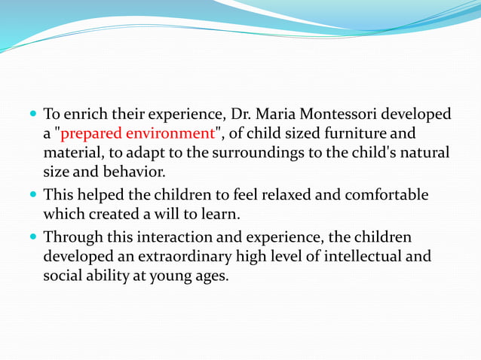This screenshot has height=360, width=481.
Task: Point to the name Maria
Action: (278, 114)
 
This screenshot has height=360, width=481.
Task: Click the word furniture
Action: (355, 134)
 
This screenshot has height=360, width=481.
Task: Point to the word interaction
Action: (168, 236)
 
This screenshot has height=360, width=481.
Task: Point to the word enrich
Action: (84, 114)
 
